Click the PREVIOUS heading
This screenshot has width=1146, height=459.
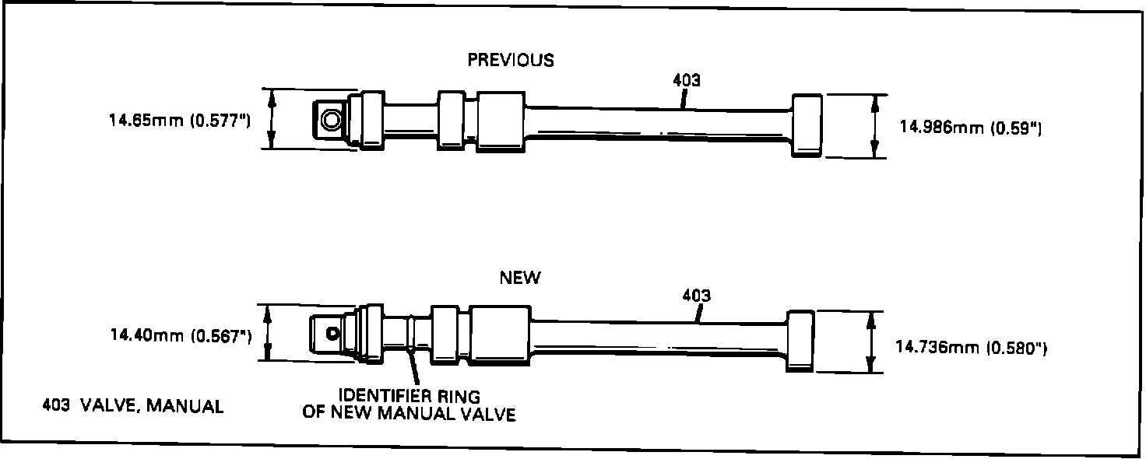(x=511, y=61)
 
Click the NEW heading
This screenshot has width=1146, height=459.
(x=520, y=279)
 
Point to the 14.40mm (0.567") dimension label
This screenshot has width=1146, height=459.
(x=180, y=335)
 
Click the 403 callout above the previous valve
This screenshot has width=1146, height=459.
(x=686, y=81)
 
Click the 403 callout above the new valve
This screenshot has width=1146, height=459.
(x=696, y=296)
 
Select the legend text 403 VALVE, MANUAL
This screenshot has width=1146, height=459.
(x=133, y=405)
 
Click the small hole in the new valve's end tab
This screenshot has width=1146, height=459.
(x=333, y=334)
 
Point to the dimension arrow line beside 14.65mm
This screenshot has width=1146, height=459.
(x=272, y=119)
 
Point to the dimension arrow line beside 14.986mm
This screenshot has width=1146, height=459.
(x=875, y=126)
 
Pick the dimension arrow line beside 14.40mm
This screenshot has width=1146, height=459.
(x=268, y=332)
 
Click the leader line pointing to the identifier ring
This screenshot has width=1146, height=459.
(x=413, y=366)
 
